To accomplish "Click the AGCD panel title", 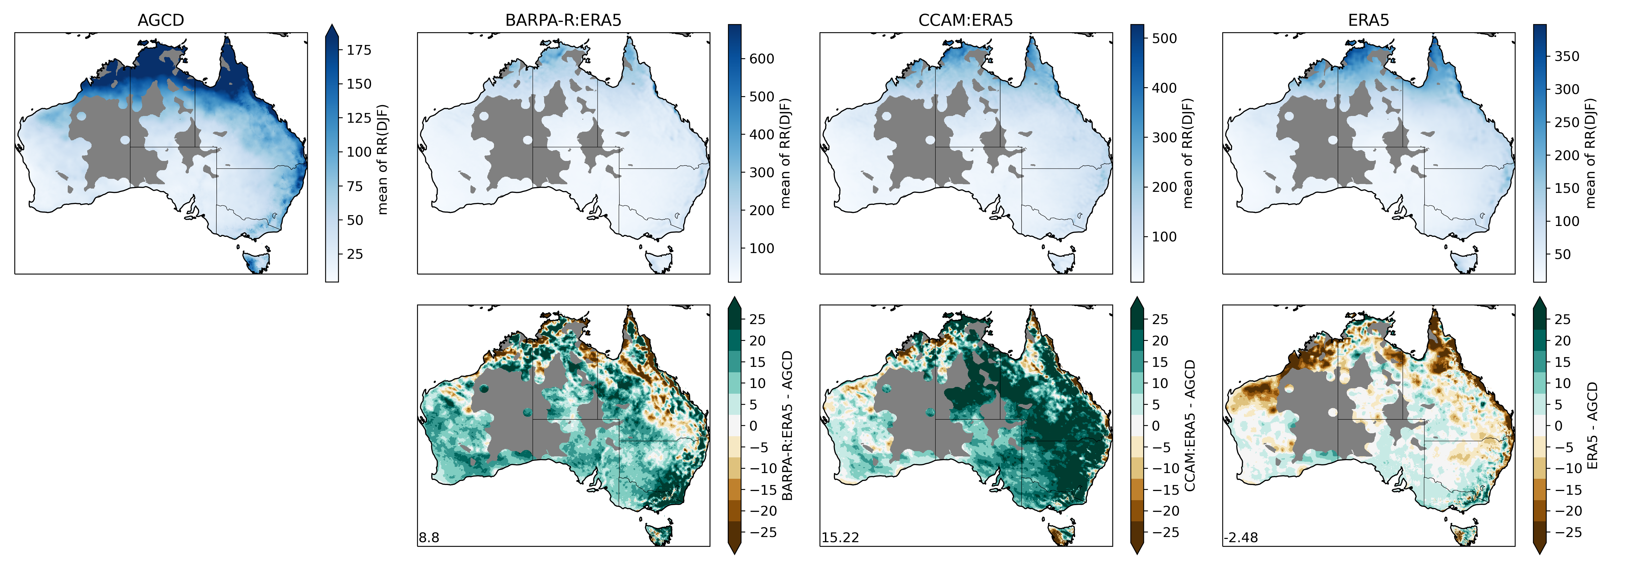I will click(161, 20).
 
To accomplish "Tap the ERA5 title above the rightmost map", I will click(1368, 20).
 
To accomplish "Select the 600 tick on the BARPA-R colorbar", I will click(761, 59).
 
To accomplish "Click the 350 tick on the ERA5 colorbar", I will click(1566, 56).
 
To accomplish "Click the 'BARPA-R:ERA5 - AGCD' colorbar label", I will click(787, 426).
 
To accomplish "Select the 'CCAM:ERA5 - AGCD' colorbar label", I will click(1190, 426).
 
